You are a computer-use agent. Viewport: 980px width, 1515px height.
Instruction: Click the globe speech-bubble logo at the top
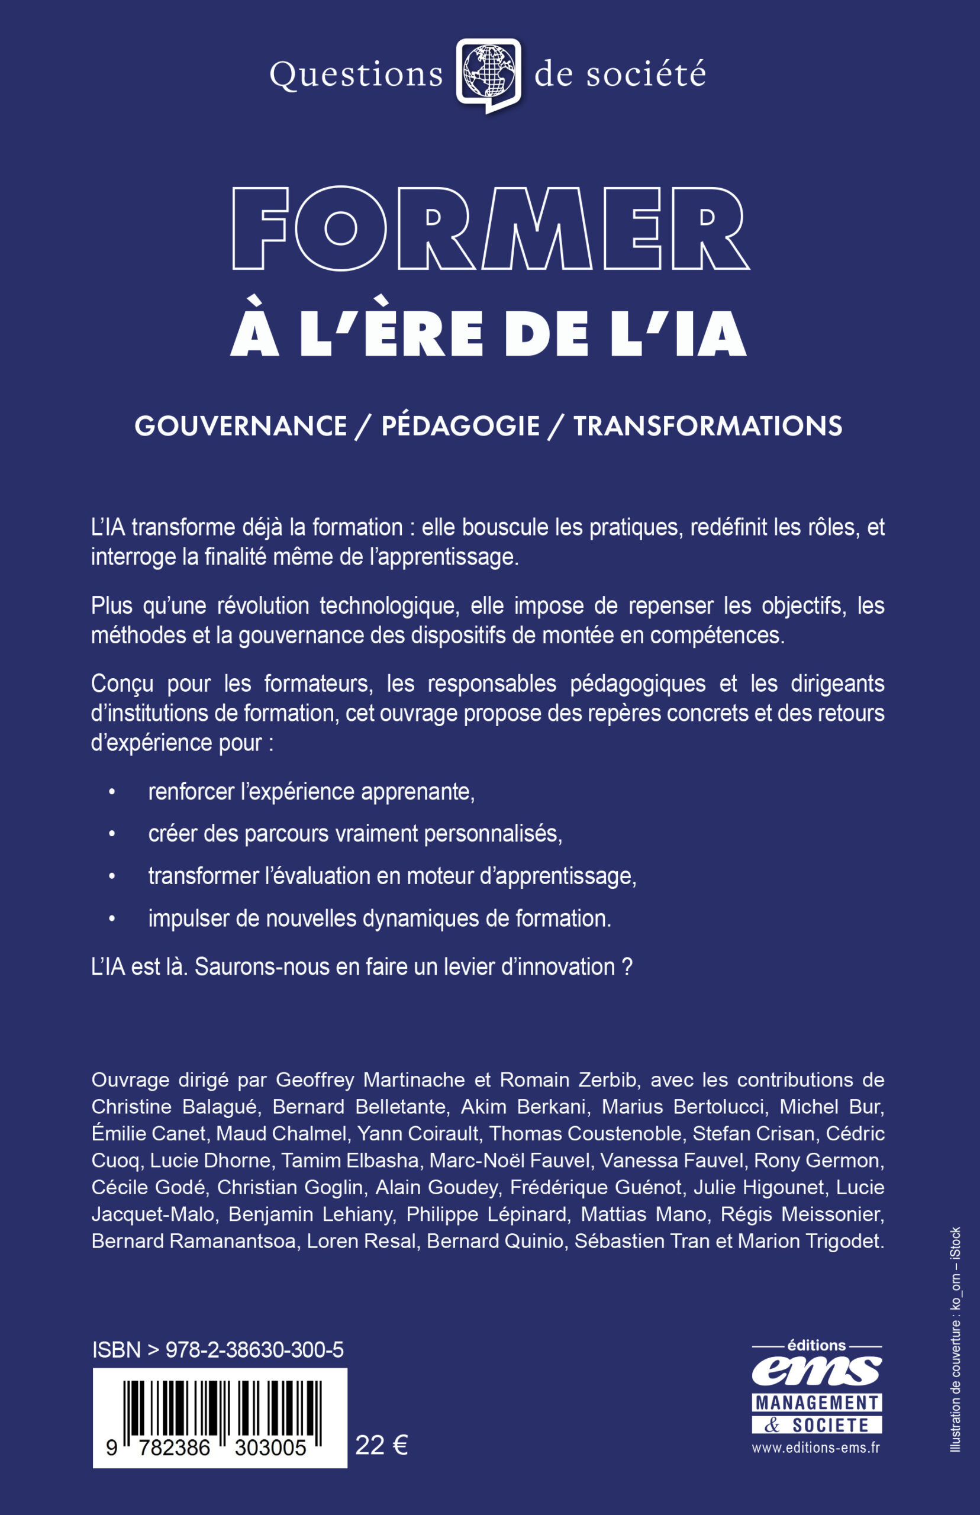pos(489,75)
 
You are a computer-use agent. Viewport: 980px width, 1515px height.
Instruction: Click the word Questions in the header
pos(356,75)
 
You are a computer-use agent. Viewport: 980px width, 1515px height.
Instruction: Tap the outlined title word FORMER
pos(490,228)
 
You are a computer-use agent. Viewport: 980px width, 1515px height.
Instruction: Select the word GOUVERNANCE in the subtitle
pos(240,426)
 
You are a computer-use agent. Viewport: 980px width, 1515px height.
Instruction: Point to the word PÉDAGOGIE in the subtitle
pos(460,426)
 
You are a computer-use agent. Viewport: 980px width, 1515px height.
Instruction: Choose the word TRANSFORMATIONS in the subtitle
pos(708,426)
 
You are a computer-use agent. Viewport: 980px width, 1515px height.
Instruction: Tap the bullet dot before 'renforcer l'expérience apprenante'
pos(112,792)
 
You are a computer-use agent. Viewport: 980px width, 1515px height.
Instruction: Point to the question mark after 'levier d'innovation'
pos(627,967)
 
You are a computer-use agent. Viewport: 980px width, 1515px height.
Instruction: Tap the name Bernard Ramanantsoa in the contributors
pos(194,1242)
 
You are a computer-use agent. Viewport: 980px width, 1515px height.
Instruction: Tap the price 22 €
pos(381,1446)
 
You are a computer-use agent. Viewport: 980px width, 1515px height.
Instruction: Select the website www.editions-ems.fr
pos(816,1448)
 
